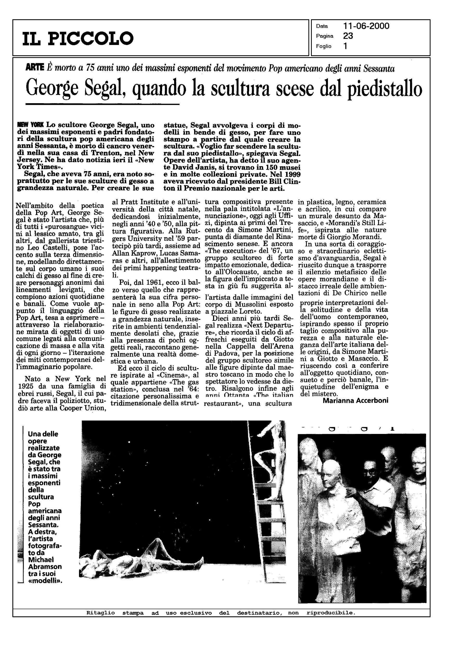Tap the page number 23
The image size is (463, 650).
(348, 36)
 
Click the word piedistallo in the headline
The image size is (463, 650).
(386, 89)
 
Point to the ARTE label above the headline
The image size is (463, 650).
(35, 68)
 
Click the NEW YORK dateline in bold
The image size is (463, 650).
(30, 125)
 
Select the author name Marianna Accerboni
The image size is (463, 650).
(355, 400)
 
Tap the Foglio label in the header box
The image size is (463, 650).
(323, 46)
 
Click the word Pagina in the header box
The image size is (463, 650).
(325, 36)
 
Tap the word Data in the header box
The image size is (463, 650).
(322, 26)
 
